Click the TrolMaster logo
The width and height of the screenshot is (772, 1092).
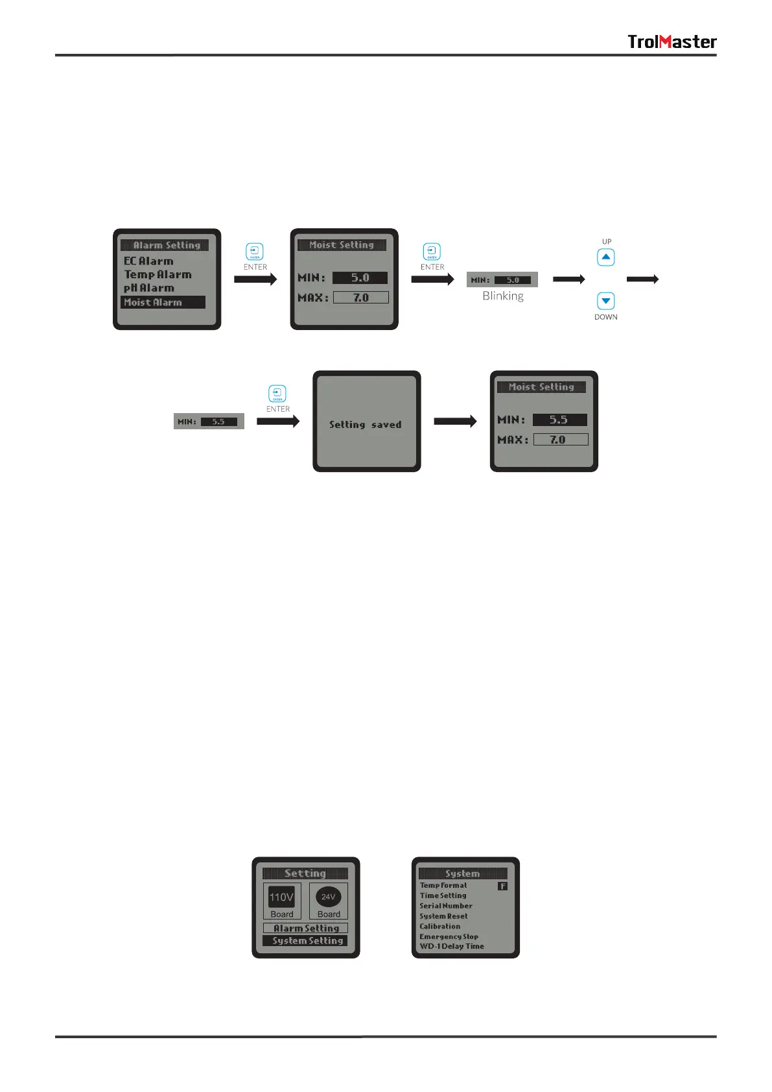[672, 42]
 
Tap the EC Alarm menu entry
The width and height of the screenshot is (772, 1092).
[148, 261]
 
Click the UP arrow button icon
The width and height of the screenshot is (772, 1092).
[605, 257]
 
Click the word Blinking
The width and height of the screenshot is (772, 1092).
[502, 296]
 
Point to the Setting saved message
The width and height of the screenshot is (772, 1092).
[365, 425]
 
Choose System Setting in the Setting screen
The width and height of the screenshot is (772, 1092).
[306, 940]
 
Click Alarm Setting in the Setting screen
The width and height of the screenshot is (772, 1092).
[306, 928]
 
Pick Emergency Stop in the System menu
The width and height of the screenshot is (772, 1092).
[449, 936]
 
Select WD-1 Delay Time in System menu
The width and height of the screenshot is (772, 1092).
[452, 946]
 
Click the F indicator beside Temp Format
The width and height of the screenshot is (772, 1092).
[502, 886]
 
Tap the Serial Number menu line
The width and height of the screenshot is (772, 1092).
[446, 906]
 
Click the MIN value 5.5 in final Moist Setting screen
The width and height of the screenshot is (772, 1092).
[559, 420]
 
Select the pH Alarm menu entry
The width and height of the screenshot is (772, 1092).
[149, 288]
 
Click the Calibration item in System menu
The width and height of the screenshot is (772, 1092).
[439, 926]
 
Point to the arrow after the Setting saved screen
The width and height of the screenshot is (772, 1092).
[455, 421]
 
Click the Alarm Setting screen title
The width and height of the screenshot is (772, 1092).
[166, 245]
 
